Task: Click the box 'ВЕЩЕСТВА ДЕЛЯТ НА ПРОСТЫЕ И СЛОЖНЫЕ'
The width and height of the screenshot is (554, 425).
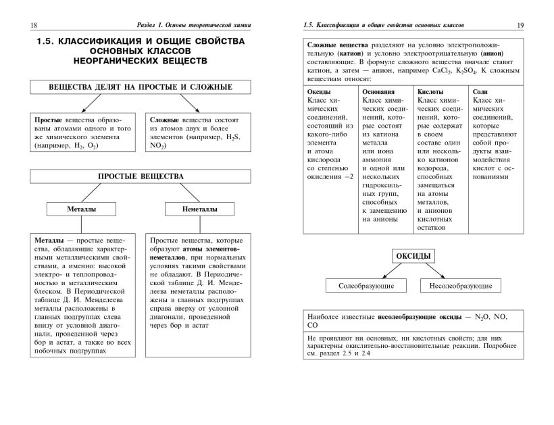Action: (141, 87)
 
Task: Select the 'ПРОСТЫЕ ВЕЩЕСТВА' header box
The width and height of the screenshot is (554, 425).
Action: (141, 176)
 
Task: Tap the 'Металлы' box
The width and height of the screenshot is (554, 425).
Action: (82, 209)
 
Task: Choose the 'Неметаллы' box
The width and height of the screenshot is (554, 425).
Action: (199, 209)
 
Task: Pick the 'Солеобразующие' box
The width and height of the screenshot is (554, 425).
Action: (366, 286)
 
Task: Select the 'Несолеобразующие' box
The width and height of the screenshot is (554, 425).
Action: (460, 286)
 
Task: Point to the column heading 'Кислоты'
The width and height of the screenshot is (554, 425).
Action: (431, 91)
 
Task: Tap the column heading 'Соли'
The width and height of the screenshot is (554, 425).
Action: (480, 91)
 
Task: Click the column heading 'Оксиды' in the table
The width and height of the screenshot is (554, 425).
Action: (319, 91)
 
